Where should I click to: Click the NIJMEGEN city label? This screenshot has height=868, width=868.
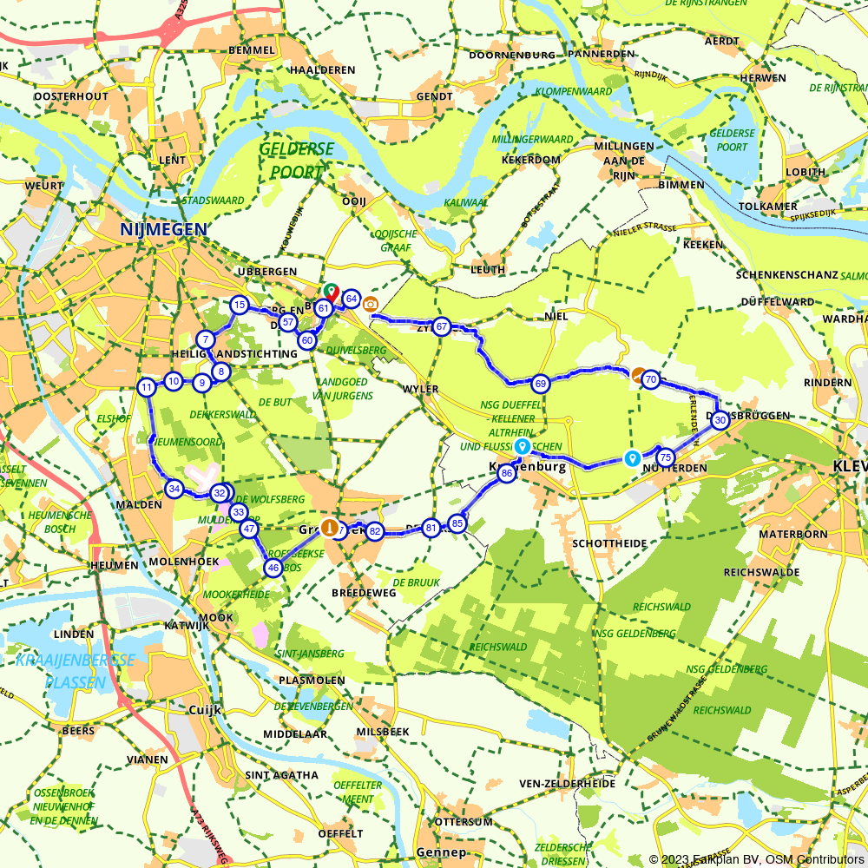[164, 230]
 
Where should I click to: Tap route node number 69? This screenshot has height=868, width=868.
[540, 383]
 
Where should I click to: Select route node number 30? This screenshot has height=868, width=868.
[720, 418]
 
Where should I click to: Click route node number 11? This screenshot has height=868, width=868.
[147, 387]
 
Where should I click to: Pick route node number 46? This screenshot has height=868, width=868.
[273, 568]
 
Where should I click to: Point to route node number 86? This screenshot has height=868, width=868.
[507, 472]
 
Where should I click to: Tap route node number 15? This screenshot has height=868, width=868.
[239, 305]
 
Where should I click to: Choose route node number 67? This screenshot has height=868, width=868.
[442, 326]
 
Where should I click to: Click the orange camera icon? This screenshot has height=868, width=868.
[371, 303]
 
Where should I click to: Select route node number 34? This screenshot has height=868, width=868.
[174, 490]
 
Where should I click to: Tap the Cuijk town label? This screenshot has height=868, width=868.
[206, 710]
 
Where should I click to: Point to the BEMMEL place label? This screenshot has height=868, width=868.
[251, 50]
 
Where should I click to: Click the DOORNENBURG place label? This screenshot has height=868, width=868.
[511, 55]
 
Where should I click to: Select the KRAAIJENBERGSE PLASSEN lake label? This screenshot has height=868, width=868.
[75, 671]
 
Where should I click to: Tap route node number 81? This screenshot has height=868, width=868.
[431, 527]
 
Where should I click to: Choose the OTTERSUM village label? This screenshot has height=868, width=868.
[463, 821]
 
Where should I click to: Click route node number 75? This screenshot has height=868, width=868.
[666, 457]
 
